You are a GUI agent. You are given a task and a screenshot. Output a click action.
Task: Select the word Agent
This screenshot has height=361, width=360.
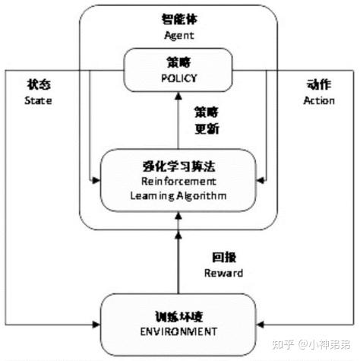pyautogui.click(x=179, y=34)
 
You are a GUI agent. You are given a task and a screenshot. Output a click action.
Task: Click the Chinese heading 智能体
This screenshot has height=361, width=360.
pyautogui.click(x=179, y=18)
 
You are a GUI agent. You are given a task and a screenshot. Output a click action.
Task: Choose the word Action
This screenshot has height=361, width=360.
pyautogui.click(x=318, y=100)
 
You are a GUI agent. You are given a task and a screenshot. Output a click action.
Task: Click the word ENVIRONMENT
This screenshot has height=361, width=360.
pyautogui.click(x=178, y=331)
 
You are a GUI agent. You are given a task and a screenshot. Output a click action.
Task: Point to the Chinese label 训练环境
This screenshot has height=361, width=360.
pyautogui.click(x=178, y=316)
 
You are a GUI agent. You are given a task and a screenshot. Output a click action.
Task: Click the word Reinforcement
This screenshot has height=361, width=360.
pyautogui.click(x=178, y=182)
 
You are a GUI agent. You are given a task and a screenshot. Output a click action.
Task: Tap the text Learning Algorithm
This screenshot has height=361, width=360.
pyautogui.click(x=178, y=196)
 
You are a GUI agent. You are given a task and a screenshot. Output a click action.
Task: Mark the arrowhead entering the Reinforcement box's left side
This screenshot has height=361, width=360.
pyautogui.click(x=96, y=180)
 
